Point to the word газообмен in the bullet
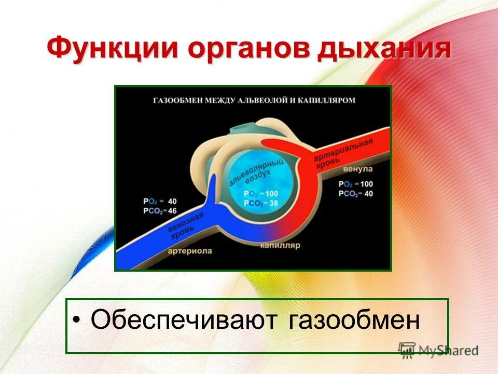pyautogui.click(x=354, y=320)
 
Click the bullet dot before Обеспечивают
pyautogui.click(x=76, y=319)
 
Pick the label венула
pyautogui.click(x=357, y=169)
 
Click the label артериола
pyautogui.click(x=190, y=251)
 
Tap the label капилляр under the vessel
pyautogui.click(x=280, y=245)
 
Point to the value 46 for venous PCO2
pyautogui.click(x=172, y=211)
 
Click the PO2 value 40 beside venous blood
pyautogui.click(x=172, y=202)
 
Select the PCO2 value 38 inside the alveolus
pyautogui.click(x=273, y=203)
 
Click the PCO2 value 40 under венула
pyautogui.click(x=368, y=194)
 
